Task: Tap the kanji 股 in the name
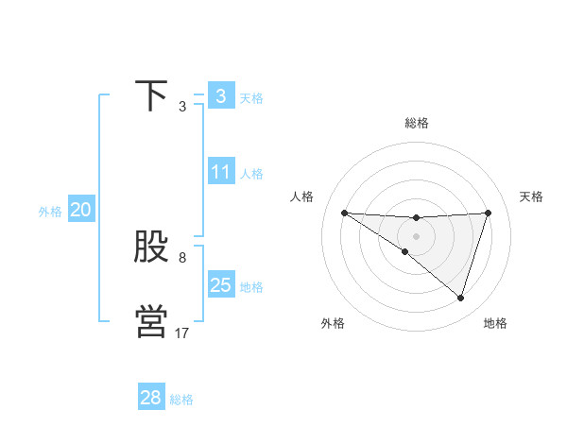click(x=151, y=248)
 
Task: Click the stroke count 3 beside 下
click(x=182, y=107)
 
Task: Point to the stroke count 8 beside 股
click(x=182, y=258)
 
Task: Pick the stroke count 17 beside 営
click(x=182, y=333)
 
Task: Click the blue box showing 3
click(x=220, y=95)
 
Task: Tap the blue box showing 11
click(x=220, y=172)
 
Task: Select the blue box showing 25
click(x=220, y=285)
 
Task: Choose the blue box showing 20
click(x=80, y=210)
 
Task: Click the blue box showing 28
click(x=150, y=398)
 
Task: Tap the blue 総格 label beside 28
click(x=181, y=400)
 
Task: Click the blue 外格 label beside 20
click(x=50, y=212)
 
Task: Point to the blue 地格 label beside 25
click(x=251, y=287)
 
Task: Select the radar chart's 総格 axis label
click(x=416, y=123)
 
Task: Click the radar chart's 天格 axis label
click(x=532, y=196)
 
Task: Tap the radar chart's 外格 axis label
click(x=333, y=323)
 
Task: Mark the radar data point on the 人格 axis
click(x=344, y=213)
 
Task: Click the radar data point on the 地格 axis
click(x=460, y=298)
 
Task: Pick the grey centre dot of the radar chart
click(x=416, y=236)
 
